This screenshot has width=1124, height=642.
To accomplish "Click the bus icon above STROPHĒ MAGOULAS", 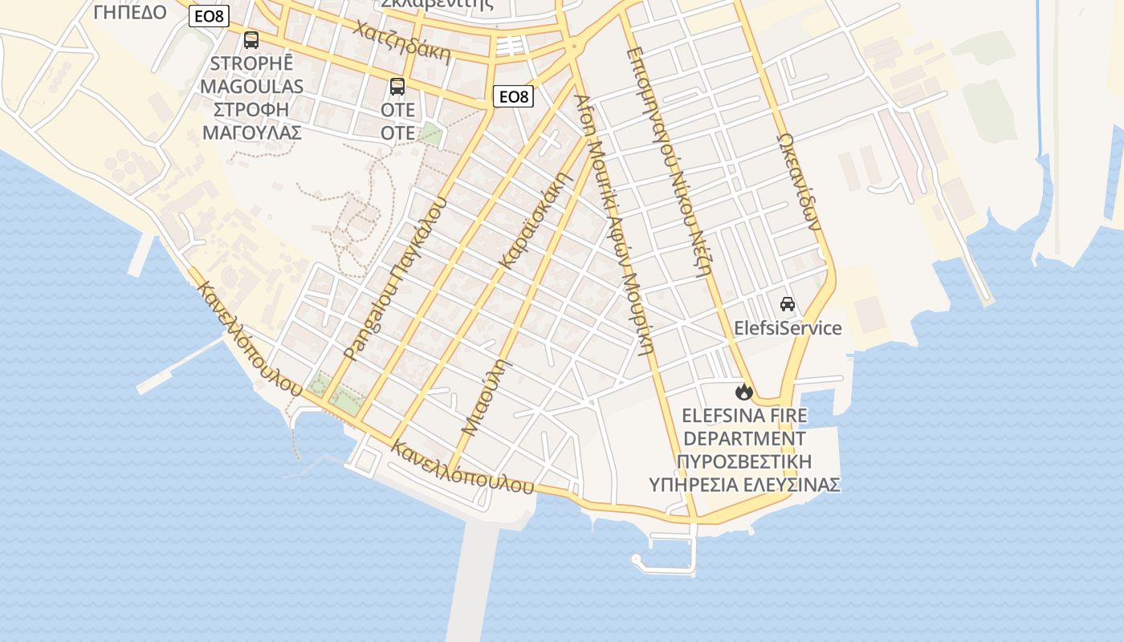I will pos(251,40).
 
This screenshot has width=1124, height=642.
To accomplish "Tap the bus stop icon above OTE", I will pos(397,87).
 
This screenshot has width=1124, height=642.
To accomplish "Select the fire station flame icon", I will pos(744,392).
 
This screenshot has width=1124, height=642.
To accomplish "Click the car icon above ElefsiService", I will pos(788,304).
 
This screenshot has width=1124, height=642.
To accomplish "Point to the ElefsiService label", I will pos(788,328).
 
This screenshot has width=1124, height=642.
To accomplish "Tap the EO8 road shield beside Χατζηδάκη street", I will pos(514,97).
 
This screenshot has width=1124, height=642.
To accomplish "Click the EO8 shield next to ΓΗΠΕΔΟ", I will pos(209,15).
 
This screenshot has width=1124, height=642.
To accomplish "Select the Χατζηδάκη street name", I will pos(401,41).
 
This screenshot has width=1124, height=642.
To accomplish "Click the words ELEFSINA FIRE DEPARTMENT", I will pos(744,427).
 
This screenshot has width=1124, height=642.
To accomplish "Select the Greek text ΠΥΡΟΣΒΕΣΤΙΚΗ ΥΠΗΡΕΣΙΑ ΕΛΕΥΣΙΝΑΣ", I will pos(744,473).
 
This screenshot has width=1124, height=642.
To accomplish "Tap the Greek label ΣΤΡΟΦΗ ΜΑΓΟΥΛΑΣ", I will pos(251,121).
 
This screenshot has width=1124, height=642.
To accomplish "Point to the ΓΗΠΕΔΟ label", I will pos(130,12).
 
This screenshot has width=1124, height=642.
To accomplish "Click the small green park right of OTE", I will pos(430,133).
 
